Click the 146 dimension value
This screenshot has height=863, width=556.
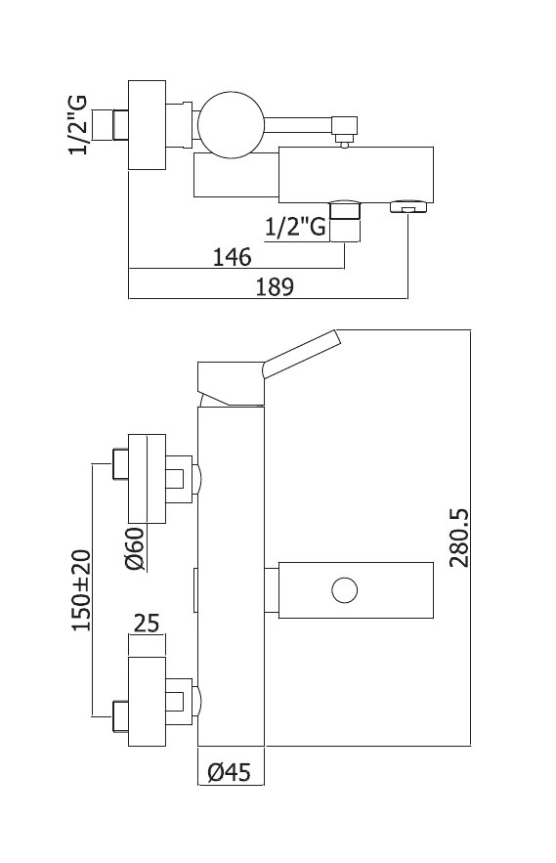point(232,257)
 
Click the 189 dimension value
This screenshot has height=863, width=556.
point(275,286)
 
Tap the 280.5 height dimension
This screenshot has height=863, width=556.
point(459,538)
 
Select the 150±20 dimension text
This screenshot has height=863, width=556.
point(81,590)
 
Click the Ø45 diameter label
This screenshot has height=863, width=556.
point(229,772)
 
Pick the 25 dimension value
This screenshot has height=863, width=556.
point(147,623)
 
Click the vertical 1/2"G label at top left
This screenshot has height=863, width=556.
point(78,125)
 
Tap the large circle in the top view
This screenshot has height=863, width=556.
point(231,123)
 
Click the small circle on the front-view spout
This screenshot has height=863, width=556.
point(345,590)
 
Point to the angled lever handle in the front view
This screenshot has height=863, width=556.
point(301,355)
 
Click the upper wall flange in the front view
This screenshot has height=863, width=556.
point(147,478)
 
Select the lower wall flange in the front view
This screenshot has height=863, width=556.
point(147,701)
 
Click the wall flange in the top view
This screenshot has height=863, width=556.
point(147,125)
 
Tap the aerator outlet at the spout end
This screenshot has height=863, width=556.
point(407,206)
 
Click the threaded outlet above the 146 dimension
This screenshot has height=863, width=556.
point(345,220)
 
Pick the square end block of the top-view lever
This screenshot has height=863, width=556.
point(345,126)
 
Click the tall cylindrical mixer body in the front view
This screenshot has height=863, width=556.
point(231,576)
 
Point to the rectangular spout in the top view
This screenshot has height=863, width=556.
point(356,174)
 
